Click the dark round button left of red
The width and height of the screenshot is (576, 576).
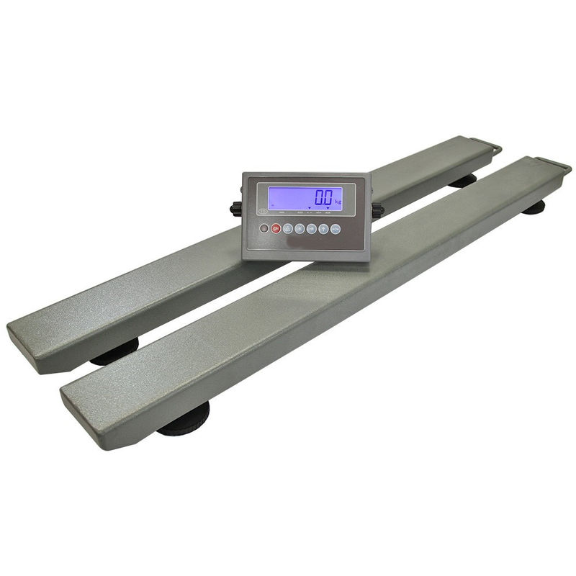264,229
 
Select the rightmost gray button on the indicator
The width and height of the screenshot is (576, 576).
335,229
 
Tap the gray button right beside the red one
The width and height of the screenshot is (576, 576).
288,229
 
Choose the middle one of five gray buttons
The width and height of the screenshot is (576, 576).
311,229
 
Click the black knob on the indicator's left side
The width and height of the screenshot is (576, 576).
235,210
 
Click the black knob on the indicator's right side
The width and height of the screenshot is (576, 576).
379,210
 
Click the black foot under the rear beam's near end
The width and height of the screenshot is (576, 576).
115,354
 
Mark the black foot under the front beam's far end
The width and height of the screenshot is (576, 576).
534,208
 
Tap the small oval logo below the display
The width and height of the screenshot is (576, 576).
264,212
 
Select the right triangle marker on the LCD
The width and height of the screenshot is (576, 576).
328,207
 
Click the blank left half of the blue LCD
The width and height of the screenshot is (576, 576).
284,197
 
